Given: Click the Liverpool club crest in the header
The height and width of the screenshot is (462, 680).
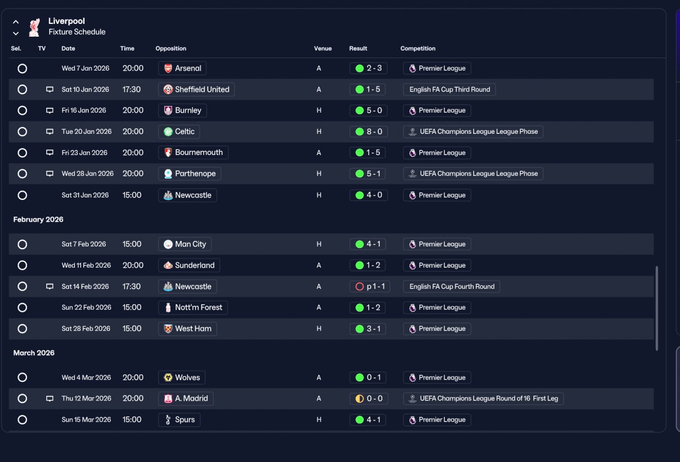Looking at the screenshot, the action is pos(35,27).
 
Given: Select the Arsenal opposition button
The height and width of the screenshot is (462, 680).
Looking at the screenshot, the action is pos(182,69).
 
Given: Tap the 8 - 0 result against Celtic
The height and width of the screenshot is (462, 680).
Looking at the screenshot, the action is pos(368,132).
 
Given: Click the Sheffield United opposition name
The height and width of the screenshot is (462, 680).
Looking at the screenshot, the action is pos(202,90).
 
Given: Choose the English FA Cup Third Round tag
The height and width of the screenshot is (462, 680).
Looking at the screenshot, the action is pos(449,90).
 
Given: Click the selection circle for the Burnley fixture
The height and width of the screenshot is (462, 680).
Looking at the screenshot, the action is pos(22,110).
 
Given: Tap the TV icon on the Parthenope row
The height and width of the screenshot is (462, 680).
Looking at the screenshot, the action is pos(49,174).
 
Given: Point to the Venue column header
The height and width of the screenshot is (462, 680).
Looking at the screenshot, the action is pos(322,48).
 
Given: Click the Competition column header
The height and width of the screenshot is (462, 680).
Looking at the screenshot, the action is pos(418,48).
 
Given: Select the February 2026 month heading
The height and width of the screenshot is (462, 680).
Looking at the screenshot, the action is pos(38,219).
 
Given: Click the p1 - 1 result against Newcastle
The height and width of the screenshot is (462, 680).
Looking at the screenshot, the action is pos(369,287).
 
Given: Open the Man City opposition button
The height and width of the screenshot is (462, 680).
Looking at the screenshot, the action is pos(184,244).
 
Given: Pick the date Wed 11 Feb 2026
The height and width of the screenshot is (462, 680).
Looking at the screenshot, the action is pos(86,266).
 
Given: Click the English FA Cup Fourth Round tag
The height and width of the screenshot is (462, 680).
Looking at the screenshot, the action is pos(452,287).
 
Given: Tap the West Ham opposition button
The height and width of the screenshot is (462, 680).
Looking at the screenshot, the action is pos(188,329).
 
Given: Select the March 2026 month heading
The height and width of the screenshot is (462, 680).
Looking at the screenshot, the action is pos(33,353).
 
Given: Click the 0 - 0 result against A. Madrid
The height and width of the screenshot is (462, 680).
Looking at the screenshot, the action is pos(369,399).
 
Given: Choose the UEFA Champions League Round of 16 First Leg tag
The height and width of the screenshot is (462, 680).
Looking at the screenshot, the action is pos(483,399).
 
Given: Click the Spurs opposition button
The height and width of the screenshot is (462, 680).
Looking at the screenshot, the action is pos(179,420).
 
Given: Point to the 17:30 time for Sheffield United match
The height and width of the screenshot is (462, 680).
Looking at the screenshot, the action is pos(131,90).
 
